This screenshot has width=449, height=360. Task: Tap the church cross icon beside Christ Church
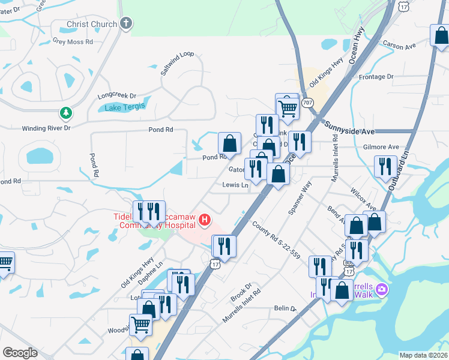(125, 24)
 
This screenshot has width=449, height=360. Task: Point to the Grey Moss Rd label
(73, 42)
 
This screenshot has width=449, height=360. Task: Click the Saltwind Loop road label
(177, 62)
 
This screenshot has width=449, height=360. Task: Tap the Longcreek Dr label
(117, 95)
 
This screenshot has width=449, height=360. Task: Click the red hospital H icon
(205, 220)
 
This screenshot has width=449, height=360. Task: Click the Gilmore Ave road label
(381, 147)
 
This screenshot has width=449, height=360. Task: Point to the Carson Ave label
(399, 46)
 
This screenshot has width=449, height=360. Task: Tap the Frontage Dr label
(375, 77)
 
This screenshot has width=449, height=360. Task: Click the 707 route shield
(308, 103)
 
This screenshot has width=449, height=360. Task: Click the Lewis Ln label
(235, 185)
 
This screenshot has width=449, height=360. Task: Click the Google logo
(20, 352)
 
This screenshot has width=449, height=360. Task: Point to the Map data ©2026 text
(423, 355)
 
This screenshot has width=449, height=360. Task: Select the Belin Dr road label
(285, 308)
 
